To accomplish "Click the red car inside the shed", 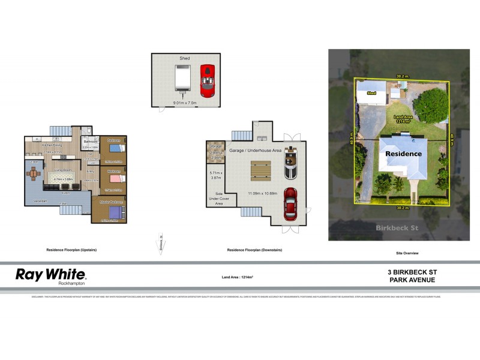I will (x=207, y=80).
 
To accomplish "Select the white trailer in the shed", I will (x=183, y=80).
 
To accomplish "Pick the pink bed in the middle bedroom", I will (x=115, y=178).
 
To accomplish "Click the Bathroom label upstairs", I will (x=91, y=142).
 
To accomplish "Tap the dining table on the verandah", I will (x=33, y=174).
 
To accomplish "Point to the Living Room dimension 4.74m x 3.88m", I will (x=63, y=179).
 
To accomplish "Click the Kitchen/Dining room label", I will (x=53, y=145).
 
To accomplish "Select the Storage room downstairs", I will (x=215, y=154).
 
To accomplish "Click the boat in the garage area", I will (x=290, y=162).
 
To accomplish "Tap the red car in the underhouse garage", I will (x=290, y=202).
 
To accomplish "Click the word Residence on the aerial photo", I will (x=404, y=154).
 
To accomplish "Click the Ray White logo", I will (x=51, y=276).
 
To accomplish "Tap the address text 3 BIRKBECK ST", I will (x=412, y=272).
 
